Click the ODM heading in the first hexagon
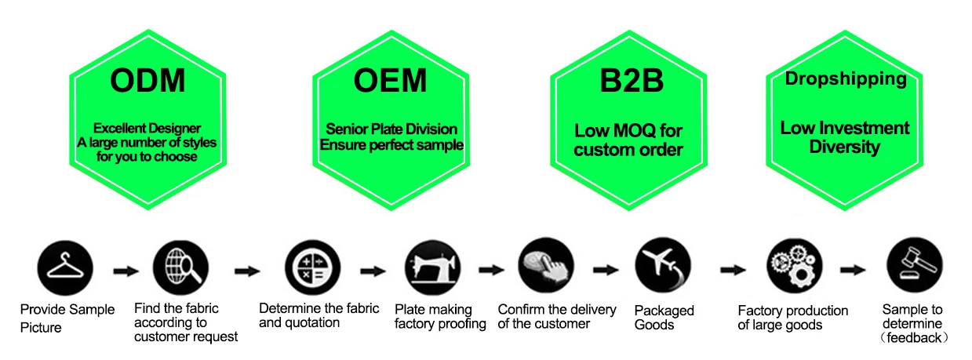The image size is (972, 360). [147, 82]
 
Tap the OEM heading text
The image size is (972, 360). [390, 82]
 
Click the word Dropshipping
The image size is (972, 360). [846, 78]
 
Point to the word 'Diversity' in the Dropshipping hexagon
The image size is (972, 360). [845, 147]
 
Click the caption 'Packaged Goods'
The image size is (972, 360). [664, 317]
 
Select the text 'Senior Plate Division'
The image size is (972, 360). [391, 129]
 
